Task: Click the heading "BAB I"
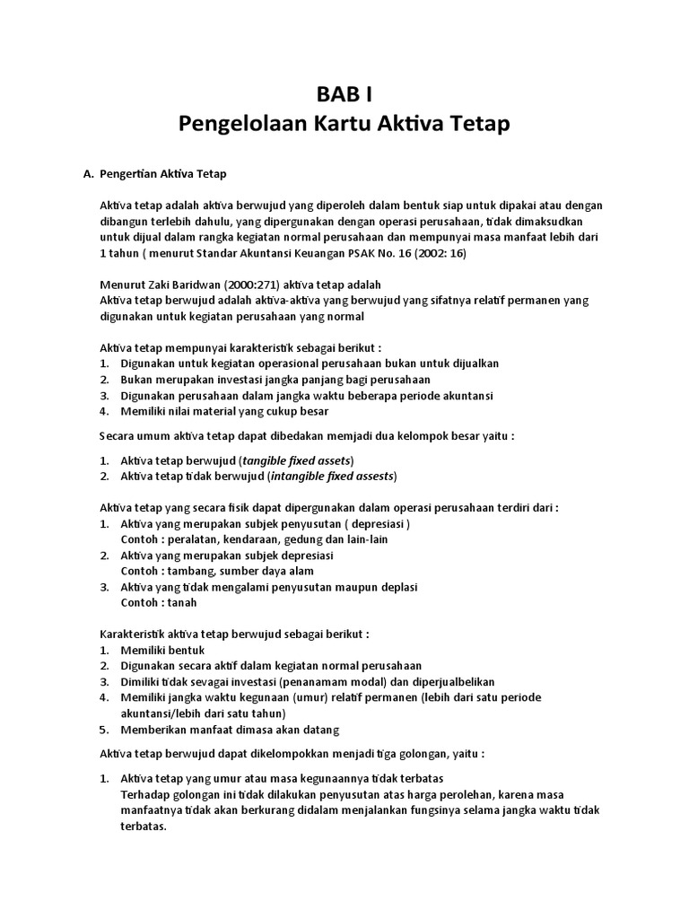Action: [x=344, y=93]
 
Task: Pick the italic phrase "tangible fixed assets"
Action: [x=304, y=460]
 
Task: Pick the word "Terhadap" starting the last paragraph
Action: [x=144, y=794]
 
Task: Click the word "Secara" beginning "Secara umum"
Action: [x=117, y=435]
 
